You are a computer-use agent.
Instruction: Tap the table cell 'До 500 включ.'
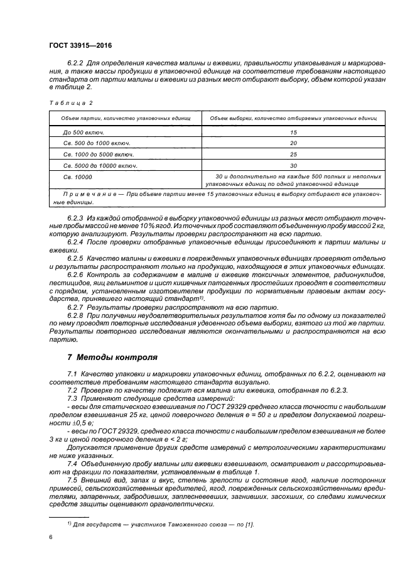pyautogui.click(x=84, y=133)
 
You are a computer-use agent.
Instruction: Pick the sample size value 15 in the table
pyautogui.click(x=293, y=133)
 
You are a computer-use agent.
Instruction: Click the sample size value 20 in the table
pyautogui.click(x=293, y=144)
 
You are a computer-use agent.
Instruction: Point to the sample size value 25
pyautogui.click(x=293, y=155)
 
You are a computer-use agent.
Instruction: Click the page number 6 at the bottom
pyautogui.click(x=50, y=537)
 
